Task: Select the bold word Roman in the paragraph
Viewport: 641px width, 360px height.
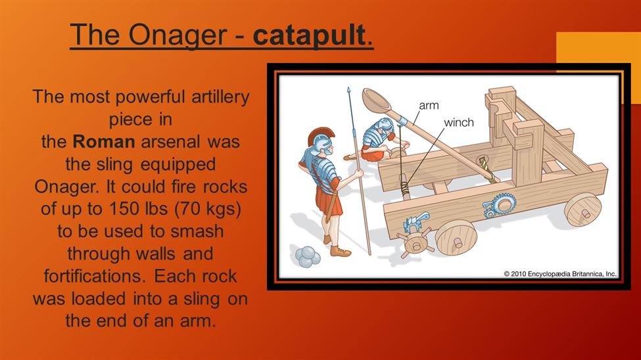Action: coord(104,142)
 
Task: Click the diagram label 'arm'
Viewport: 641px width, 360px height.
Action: coord(429,106)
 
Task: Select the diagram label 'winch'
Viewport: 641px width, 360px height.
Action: coord(459,123)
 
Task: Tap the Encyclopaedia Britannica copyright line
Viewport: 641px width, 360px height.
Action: coord(560,274)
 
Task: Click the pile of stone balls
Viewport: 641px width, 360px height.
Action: coord(308,257)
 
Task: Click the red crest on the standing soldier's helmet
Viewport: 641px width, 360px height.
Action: coord(321,134)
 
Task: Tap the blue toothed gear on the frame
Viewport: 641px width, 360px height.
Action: coord(500,204)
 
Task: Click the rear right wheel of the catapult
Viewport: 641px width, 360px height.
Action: coord(583,210)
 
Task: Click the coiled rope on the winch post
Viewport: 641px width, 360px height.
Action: coord(404,188)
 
